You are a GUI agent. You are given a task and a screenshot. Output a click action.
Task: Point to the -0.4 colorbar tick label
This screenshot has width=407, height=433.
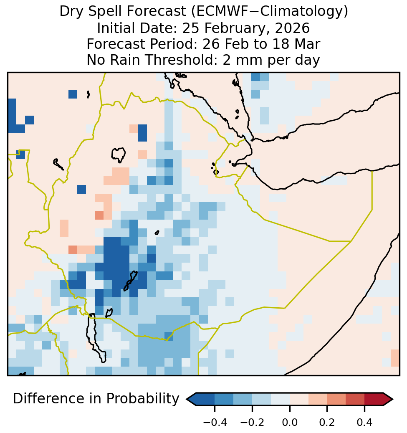click(x=215, y=422)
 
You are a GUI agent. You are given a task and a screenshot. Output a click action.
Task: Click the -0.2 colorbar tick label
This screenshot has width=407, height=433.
click(x=252, y=422)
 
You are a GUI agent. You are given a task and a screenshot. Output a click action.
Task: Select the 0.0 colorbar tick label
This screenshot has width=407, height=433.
click(x=290, y=422)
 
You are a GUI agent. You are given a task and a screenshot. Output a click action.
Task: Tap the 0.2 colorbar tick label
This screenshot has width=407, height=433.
click(x=327, y=422)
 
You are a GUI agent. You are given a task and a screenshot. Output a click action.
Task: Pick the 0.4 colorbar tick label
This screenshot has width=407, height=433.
click(x=364, y=422)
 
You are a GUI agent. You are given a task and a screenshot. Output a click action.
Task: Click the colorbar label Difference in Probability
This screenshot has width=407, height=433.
click(x=96, y=399)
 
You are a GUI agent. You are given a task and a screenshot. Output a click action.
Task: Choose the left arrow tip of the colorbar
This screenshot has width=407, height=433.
click(x=187, y=399)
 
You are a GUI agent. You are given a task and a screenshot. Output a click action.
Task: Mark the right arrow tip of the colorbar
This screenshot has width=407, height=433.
click(x=393, y=399)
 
